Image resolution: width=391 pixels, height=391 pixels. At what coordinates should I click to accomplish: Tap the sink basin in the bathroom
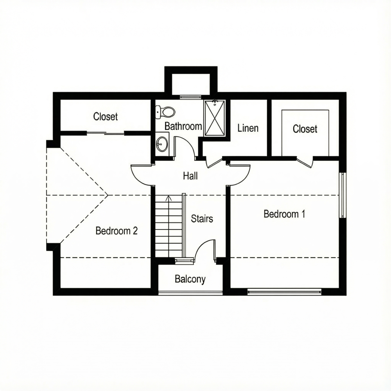[x=161, y=144]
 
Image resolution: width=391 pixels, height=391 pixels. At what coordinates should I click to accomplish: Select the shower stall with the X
[x=214, y=118]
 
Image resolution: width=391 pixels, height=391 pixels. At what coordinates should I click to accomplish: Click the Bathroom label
[x=183, y=126]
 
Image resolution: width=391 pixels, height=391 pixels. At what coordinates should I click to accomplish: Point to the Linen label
[x=248, y=128]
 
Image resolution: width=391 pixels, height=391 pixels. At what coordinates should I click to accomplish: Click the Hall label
[x=190, y=176]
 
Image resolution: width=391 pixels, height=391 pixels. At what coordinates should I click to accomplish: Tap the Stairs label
[x=202, y=219]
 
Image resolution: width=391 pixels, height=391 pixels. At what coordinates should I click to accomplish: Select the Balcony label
[x=190, y=279]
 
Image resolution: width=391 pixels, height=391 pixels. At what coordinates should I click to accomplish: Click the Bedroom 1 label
[x=284, y=214]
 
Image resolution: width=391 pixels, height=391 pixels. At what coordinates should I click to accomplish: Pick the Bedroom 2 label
[x=117, y=231]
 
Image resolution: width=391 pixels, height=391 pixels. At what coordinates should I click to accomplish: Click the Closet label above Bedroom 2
[x=106, y=117]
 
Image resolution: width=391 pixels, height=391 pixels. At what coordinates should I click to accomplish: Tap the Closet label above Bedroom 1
[x=305, y=129]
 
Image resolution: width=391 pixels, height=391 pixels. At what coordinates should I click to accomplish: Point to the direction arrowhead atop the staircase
[x=169, y=198]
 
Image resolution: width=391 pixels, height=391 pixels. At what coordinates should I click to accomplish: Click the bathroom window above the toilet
[x=190, y=97]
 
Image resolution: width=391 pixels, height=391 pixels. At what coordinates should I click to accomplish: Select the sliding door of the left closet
[x=106, y=134]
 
